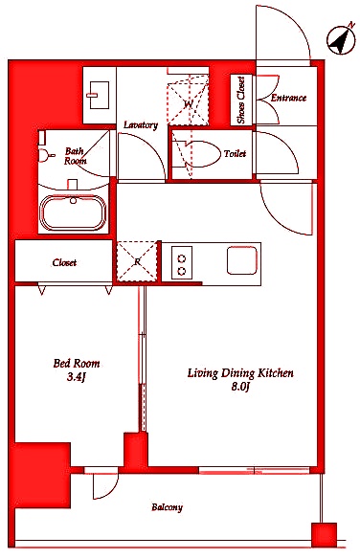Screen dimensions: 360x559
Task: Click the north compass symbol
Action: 341,39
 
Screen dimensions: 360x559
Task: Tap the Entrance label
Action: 288,98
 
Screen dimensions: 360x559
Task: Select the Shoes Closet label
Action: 241,101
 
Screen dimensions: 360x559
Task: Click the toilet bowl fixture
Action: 197,154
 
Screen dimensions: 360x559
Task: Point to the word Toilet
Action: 235,154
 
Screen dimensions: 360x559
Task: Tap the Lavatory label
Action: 141,125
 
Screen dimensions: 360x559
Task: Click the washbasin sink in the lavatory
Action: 99,95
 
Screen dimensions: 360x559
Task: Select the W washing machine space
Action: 188,104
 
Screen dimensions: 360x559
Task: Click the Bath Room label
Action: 75,156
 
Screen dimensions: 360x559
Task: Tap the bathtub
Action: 73,212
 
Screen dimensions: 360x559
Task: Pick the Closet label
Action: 64,262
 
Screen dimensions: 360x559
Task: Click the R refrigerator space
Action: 137,261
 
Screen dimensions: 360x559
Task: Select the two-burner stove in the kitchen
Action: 182,262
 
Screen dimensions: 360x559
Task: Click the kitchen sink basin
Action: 242,260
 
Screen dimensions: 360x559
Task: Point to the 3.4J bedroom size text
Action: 77,377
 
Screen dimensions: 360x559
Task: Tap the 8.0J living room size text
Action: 239,387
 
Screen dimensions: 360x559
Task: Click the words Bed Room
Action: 77,364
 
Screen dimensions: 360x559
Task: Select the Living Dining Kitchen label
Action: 240,373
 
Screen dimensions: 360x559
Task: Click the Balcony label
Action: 167,507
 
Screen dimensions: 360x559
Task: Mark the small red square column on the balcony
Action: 324,535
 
